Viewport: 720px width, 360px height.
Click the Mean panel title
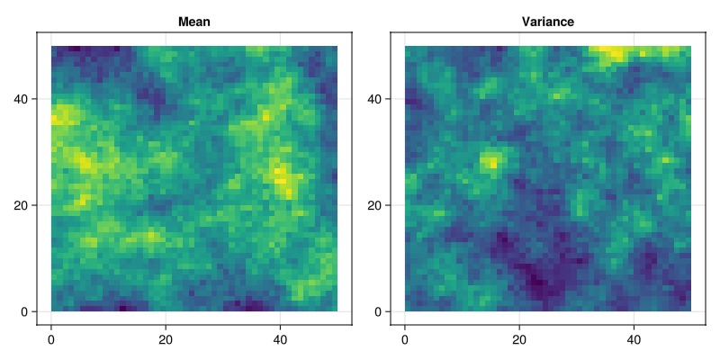[x=194, y=22]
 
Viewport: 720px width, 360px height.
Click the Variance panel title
[x=548, y=22]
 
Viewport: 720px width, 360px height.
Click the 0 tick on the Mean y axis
[x=24, y=311]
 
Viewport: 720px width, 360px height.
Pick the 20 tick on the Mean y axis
[x=21, y=205]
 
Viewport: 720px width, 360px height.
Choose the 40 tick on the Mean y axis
[x=21, y=98]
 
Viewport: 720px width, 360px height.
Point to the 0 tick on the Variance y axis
[x=378, y=311]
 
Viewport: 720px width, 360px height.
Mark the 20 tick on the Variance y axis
[x=374, y=205]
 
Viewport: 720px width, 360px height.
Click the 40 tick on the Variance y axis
[x=374, y=98]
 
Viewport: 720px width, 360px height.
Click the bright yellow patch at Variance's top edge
[x=616, y=53]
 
